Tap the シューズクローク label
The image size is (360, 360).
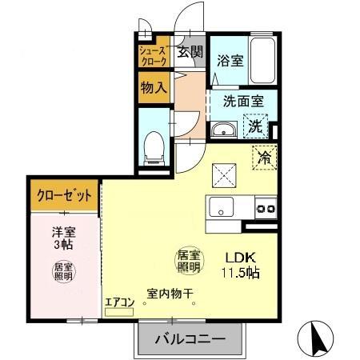tap(153, 54)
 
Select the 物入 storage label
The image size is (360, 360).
tap(153, 87)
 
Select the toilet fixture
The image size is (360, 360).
tap(151, 146)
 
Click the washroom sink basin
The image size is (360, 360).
tap(223, 130)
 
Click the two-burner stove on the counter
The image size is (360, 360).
tap(265, 209)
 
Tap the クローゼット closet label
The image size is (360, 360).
tap(63, 195)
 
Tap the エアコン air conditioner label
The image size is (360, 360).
tap(118, 302)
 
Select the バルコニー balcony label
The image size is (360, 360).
tap(189, 338)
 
